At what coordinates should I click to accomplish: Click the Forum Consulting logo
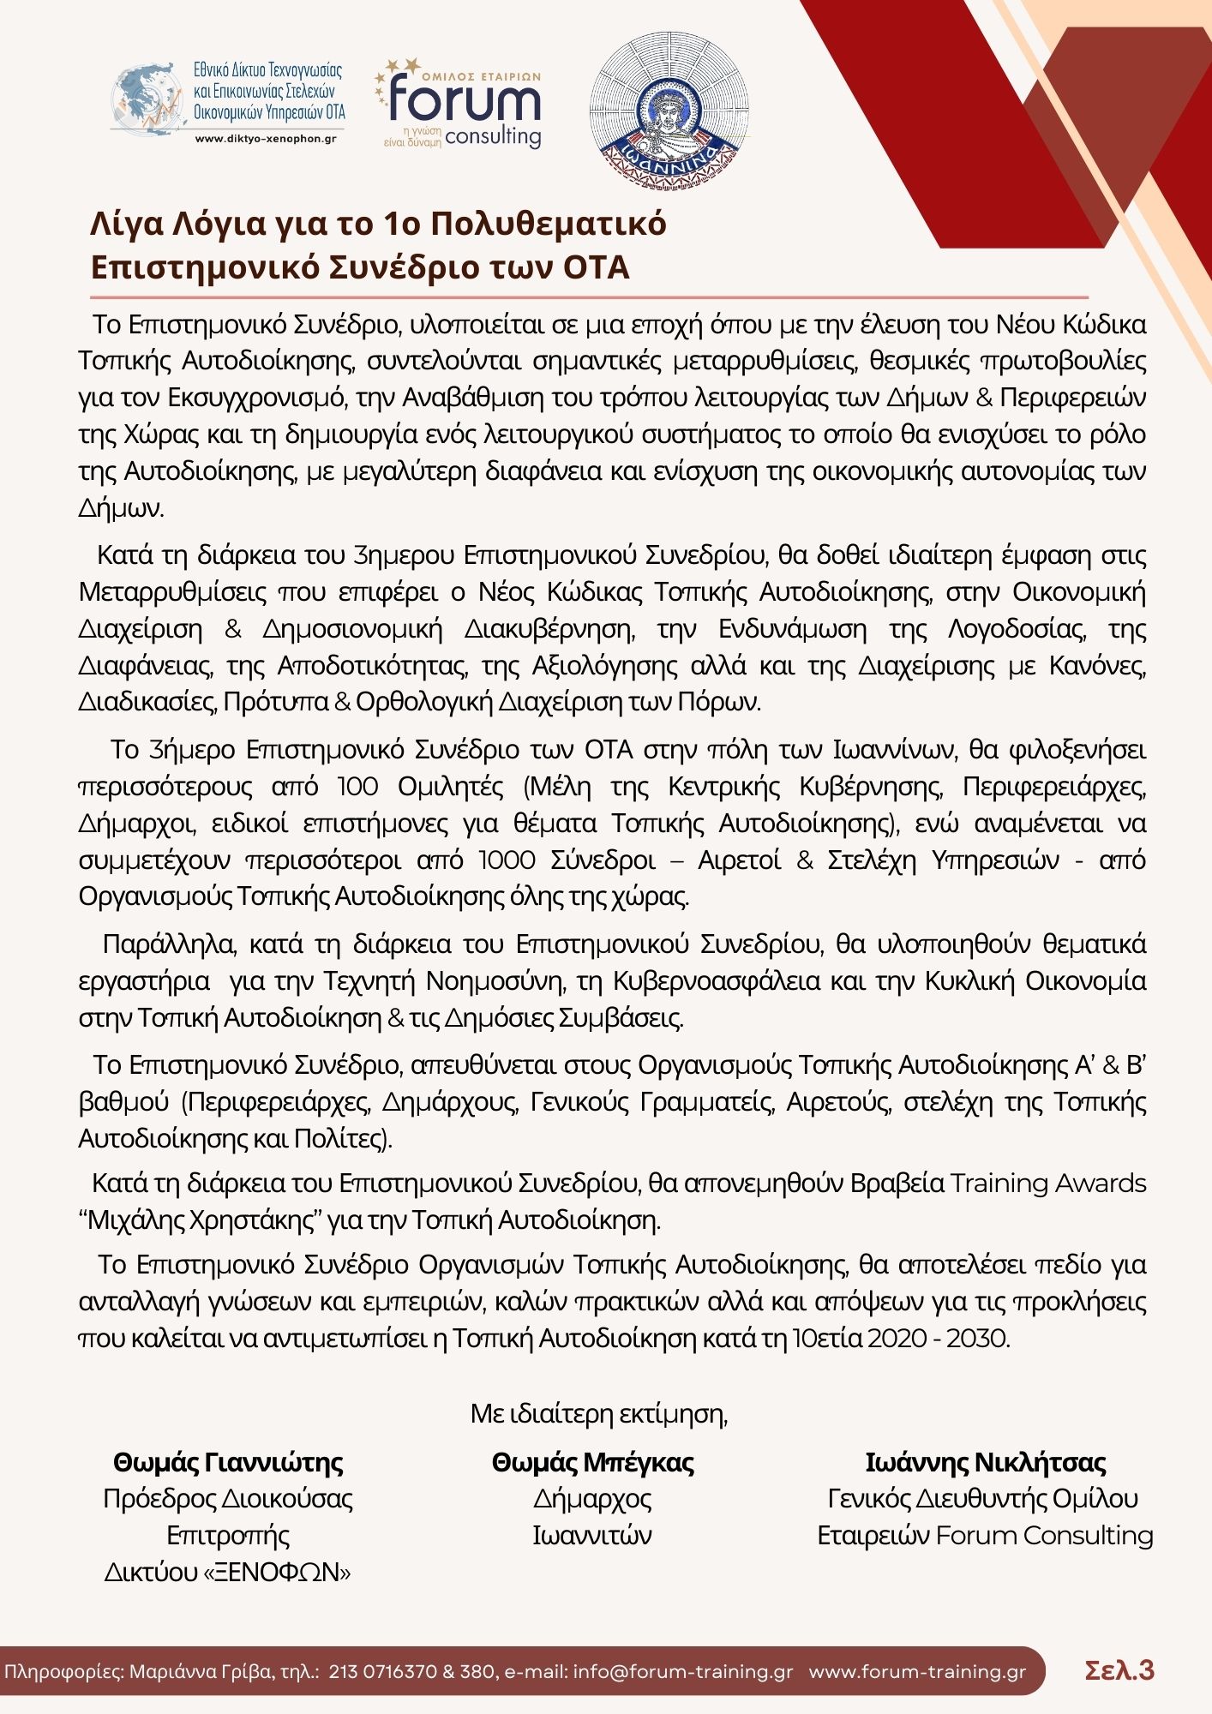click(459, 103)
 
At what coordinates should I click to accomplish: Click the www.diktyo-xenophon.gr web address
click(266, 138)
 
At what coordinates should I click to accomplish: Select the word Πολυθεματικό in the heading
click(548, 224)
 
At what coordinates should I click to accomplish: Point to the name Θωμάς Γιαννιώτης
click(228, 1462)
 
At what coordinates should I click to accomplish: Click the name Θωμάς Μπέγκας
click(592, 1462)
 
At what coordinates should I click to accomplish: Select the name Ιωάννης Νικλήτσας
click(986, 1462)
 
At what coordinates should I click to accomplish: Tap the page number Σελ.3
click(1119, 1670)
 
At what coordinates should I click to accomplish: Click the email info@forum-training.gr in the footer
click(683, 1671)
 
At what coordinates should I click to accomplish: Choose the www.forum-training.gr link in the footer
click(917, 1671)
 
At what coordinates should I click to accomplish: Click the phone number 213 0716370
click(381, 1671)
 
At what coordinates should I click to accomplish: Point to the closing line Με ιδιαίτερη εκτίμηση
click(599, 1413)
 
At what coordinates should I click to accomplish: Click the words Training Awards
click(1048, 1184)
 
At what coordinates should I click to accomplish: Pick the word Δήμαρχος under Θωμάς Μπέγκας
click(592, 1498)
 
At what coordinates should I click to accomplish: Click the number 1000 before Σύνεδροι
click(507, 860)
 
